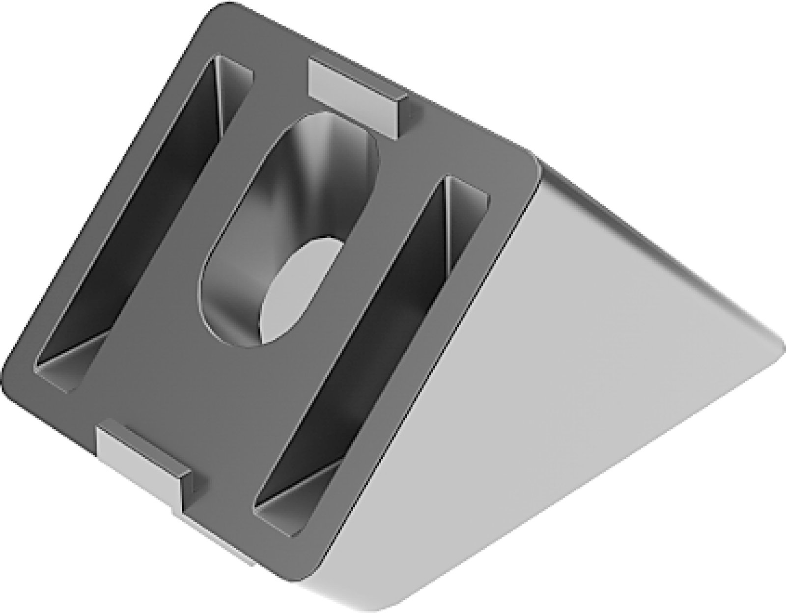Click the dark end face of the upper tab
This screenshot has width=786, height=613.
click(x=398, y=115)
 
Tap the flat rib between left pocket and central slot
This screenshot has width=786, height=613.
click(x=196, y=221)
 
